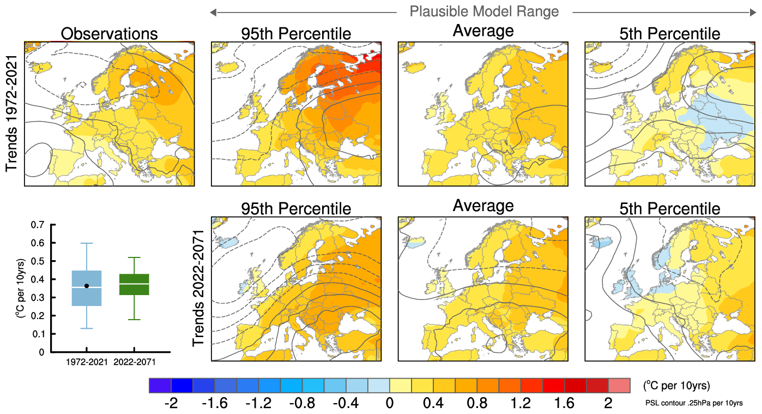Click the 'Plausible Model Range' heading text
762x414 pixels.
click(x=483, y=11)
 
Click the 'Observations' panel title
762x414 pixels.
click(x=109, y=34)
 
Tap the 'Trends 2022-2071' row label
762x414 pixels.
click(x=198, y=288)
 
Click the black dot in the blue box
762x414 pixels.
click(x=87, y=286)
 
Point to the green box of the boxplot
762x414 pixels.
click(x=135, y=284)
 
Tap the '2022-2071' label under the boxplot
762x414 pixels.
click(x=135, y=362)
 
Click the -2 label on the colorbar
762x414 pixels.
click(x=171, y=404)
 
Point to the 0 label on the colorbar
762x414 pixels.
click(x=389, y=404)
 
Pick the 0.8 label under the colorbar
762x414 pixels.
click(x=476, y=404)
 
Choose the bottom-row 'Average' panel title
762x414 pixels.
click(x=483, y=206)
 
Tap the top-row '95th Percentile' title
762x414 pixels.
click(x=296, y=34)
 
